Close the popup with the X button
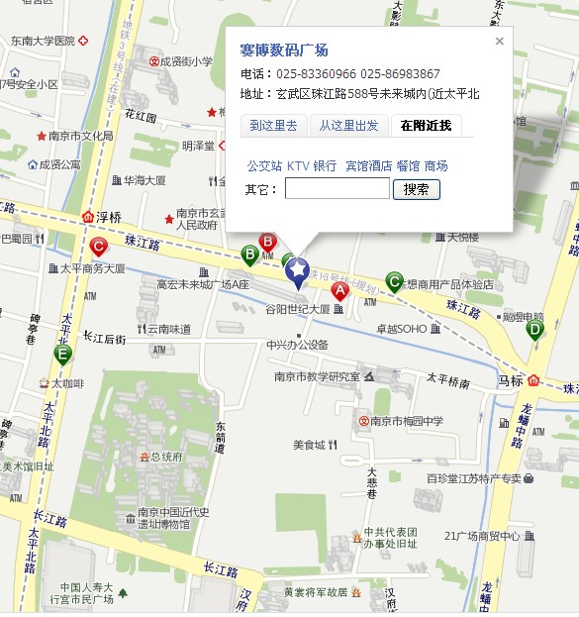coord(500,42)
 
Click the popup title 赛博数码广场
coord(284,50)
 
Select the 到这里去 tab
coord(273,125)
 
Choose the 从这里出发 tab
coord(348,125)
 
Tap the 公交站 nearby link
coord(264,165)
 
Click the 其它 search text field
coord(337,188)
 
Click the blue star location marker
coord(297,269)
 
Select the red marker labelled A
coord(339,291)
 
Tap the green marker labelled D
coord(535,329)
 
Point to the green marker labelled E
coord(63,354)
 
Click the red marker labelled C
coord(98,247)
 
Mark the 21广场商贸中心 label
coord(482,536)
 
